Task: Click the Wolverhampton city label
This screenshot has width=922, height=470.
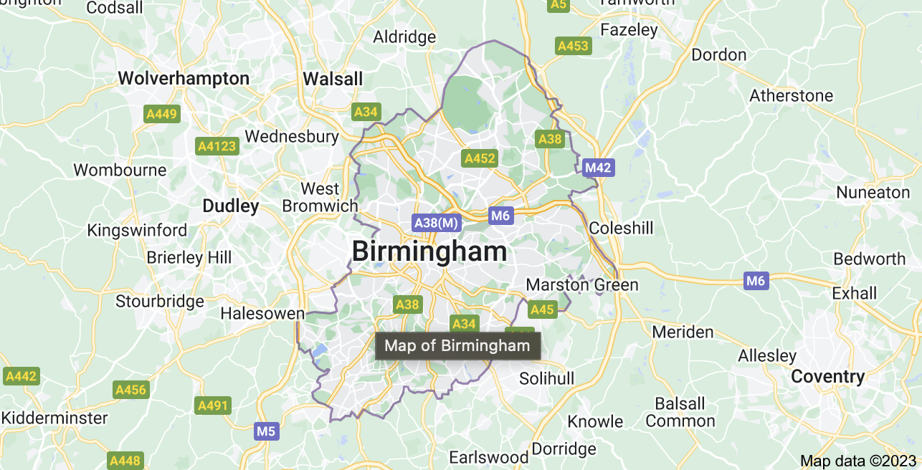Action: coord(184,78)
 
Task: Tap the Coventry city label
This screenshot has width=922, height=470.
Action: coord(827,377)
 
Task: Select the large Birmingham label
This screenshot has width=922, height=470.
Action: coord(429,251)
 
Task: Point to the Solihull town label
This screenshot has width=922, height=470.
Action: coord(546,378)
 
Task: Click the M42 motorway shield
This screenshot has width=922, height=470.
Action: coord(598,168)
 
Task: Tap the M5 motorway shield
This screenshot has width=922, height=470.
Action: coord(266,431)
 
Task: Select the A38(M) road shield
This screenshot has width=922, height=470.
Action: coord(436,223)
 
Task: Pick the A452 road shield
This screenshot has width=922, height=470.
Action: coord(480,158)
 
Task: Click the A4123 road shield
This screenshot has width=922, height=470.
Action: coord(217,146)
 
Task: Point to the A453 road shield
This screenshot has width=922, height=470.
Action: coord(573,46)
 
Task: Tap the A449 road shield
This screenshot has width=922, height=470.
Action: coord(161,113)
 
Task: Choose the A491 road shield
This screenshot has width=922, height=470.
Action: coord(212,406)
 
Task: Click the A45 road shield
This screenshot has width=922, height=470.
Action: coord(542,310)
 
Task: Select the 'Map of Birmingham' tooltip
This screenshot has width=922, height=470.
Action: coord(457,346)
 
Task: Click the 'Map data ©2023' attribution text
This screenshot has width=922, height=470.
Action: coord(858,461)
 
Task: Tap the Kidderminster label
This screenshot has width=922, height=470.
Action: coord(54,418)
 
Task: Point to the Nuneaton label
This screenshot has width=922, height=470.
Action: coord(873,193)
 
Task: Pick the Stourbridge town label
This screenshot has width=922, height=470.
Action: coord(160,301)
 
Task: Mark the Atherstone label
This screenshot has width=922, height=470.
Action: coord(791,95)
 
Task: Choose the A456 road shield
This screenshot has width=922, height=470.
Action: coord(130,390)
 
